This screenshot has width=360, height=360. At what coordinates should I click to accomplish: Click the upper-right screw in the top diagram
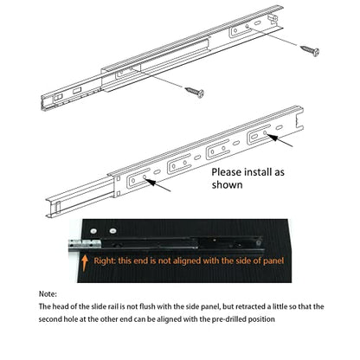[310, 51]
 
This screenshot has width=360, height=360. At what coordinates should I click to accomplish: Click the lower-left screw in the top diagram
[195, 92]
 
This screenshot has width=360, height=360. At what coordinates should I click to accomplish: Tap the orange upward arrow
[85, 262]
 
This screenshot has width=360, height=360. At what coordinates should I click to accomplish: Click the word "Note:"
[48, 294]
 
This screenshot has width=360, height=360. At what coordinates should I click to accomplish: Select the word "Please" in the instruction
[227, 172]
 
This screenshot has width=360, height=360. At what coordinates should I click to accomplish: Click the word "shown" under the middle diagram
[227, 185]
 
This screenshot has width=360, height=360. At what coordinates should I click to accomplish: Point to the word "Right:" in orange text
[105, 260]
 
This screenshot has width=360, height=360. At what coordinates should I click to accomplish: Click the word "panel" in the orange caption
[273, 260]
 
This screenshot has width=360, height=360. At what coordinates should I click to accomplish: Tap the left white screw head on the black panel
[93, 231]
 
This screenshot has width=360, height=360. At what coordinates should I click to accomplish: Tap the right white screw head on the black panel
[112, 231]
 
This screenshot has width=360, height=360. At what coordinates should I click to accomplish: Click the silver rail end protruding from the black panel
[85, 245]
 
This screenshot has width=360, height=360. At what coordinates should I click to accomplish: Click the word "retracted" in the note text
[250, 306]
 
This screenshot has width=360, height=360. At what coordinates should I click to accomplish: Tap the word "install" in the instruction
[257, 172]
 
